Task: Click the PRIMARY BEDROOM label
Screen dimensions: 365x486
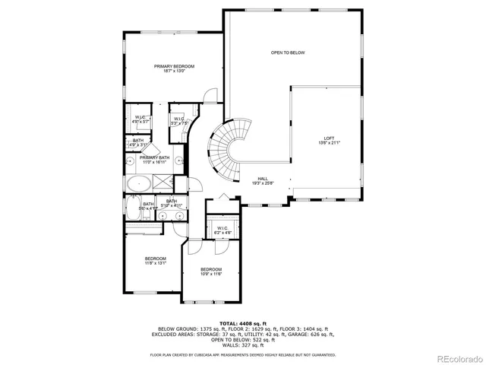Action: coord(174,66)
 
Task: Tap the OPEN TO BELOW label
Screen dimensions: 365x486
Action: coord(288,52)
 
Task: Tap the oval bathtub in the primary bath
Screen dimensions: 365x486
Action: coord(139,183)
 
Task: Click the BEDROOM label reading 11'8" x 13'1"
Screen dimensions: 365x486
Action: coord(156,259)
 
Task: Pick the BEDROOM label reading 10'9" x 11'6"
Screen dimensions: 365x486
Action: coord(211,269)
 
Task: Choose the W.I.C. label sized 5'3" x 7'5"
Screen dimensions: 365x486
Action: coord(179,119)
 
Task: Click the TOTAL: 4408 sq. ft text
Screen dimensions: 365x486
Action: coord(243,323)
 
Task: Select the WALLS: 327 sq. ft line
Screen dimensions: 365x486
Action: coord(243,346)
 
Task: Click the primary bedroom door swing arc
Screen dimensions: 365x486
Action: coord(209,97)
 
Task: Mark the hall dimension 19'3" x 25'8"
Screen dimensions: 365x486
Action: coord(263,183)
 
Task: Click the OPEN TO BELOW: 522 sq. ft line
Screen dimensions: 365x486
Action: coord(243,340)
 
